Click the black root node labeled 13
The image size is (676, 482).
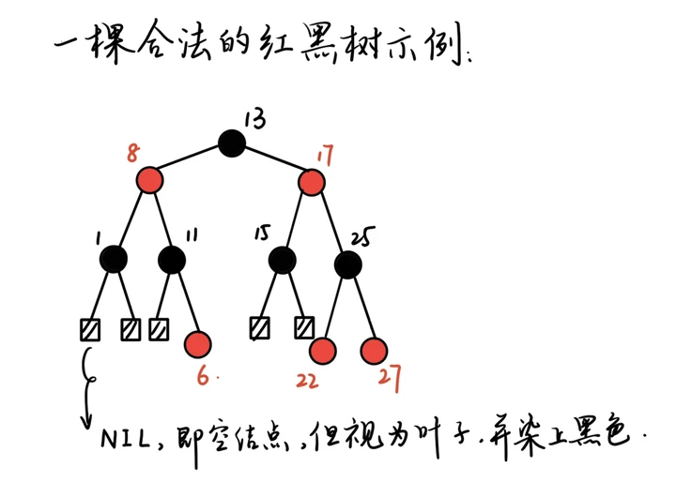(x=232, y=143)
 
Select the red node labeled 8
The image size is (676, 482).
(x=149, y=179)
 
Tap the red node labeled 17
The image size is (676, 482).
(x=313, y=180)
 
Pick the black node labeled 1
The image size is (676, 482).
(x=114, y=259)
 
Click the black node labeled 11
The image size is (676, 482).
(x=171, y=259)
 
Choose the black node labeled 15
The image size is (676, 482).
(x=282, y=259)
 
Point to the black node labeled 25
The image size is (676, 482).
(x=347, y=264)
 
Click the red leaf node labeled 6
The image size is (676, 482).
(x=198, y=344)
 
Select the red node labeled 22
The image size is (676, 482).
(x=322, y=351)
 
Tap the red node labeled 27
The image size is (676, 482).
(x=375, y=351)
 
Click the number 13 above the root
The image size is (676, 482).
(x=254, y=119)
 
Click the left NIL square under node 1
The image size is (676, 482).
(x=90, y=329)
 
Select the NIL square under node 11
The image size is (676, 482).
(x=159, y=329)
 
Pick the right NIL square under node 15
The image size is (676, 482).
(x=303, y=328)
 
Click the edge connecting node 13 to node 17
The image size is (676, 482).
(x=273, y=161)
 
